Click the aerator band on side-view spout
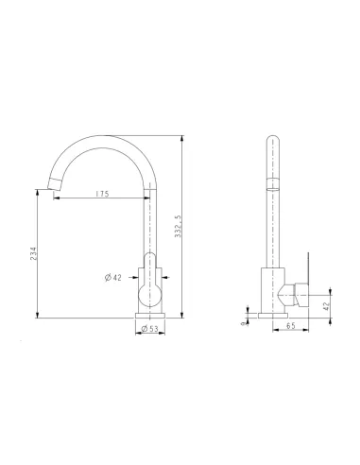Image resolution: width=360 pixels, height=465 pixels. click(x=271, y=183)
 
